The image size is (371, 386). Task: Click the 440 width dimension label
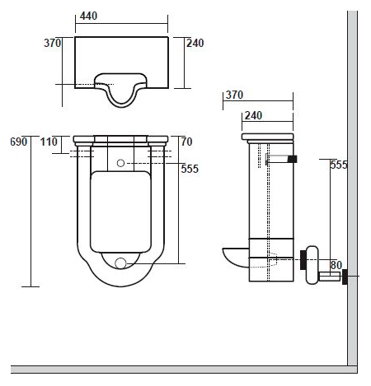click(x=88, y=16)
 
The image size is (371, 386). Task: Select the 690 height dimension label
click(x=19, y=142)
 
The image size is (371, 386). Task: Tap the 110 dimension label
click(x=49, y=142)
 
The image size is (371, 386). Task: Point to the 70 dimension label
click(x=186, y=142)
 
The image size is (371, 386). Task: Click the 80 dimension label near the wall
click(x=336, y=265)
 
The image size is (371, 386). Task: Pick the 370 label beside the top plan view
click(x=52, y=43)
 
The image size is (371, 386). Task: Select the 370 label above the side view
click(x=234, y=95)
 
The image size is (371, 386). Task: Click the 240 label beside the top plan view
click(x=195, y=43)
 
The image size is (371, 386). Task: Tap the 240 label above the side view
click(x=253, y=115)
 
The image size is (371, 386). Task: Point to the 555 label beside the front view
click(x=190, y=169)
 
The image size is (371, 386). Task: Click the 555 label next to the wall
click(x=339, y=165)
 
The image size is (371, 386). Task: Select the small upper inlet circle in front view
click(x=120, y=163)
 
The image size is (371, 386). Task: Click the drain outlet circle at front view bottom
click(x=120, y=263)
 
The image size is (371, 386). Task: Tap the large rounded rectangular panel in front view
click(x=120, y=212)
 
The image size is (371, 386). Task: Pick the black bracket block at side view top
click(x=292, y=159)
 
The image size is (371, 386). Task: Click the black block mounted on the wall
click(x=345, y=277)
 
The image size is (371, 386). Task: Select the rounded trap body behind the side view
click(x=312, y=265)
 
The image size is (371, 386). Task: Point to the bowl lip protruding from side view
click(x=236, y=258)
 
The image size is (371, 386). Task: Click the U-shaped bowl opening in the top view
click(x=121, y=90)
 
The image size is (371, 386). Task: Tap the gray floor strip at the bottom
click(x=184, y=370)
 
